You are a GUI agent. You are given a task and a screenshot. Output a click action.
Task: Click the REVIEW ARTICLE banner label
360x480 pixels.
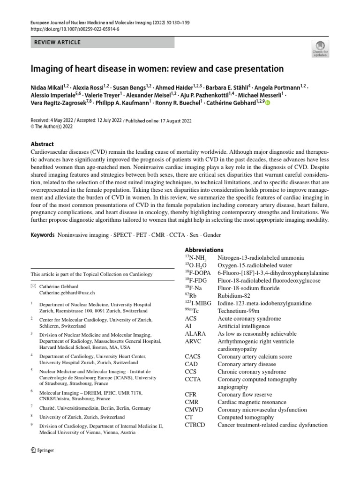[58, 42]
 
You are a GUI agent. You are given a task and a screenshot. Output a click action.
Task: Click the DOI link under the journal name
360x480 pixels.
[75, 29]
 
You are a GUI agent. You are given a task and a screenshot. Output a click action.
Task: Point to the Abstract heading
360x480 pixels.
[42, 144]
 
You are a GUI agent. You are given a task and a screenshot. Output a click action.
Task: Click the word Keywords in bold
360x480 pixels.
[43, 234]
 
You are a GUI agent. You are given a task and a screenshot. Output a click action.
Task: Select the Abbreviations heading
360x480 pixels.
[204, 250]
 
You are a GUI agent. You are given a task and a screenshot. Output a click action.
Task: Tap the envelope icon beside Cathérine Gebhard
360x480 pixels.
[33, 285]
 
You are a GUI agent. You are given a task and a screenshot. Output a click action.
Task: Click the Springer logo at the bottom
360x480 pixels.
[42, 450]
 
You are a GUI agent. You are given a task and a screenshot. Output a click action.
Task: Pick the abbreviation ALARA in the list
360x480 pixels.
[195, 334]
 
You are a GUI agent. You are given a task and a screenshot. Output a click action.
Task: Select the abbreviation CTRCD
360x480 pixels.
[197, 425]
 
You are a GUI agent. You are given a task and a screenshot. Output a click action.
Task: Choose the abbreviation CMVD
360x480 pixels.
[196, 410]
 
